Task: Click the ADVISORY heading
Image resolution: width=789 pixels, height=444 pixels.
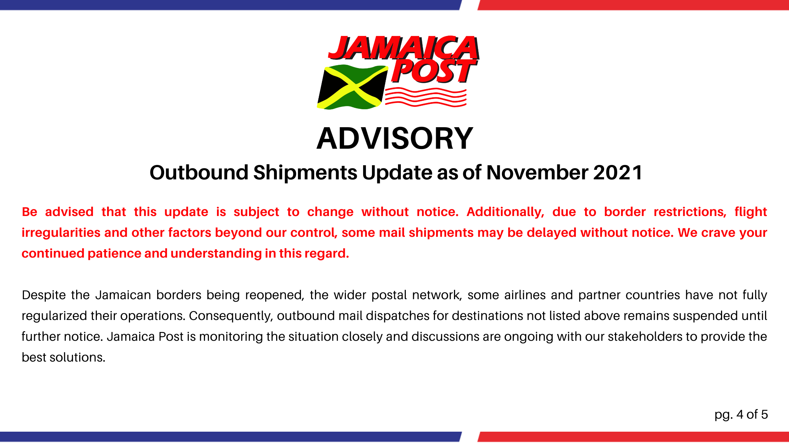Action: [394, 138]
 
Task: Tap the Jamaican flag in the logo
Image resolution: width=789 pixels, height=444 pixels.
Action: [353, 87]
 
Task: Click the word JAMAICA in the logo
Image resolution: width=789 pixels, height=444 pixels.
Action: [403, 48]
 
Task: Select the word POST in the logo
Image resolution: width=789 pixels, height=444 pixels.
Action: [433, 71]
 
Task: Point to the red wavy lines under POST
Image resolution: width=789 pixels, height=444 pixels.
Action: [425, 97]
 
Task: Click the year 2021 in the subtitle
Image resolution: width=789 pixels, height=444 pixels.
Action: [618, 173]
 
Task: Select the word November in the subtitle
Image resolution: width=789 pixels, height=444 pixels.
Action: [537, 173]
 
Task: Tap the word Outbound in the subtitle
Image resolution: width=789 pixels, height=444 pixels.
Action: [199, 173]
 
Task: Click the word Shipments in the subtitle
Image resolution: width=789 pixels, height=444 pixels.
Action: [305, 173]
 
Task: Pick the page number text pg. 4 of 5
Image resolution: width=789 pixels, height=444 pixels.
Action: [741, 415]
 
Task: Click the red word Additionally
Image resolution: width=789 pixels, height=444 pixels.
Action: [505, 212]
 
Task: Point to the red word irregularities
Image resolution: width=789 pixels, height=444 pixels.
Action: [61, 233]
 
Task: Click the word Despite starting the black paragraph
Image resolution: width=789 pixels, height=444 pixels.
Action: [44, 295]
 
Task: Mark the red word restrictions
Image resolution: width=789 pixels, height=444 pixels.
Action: [690, 212]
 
